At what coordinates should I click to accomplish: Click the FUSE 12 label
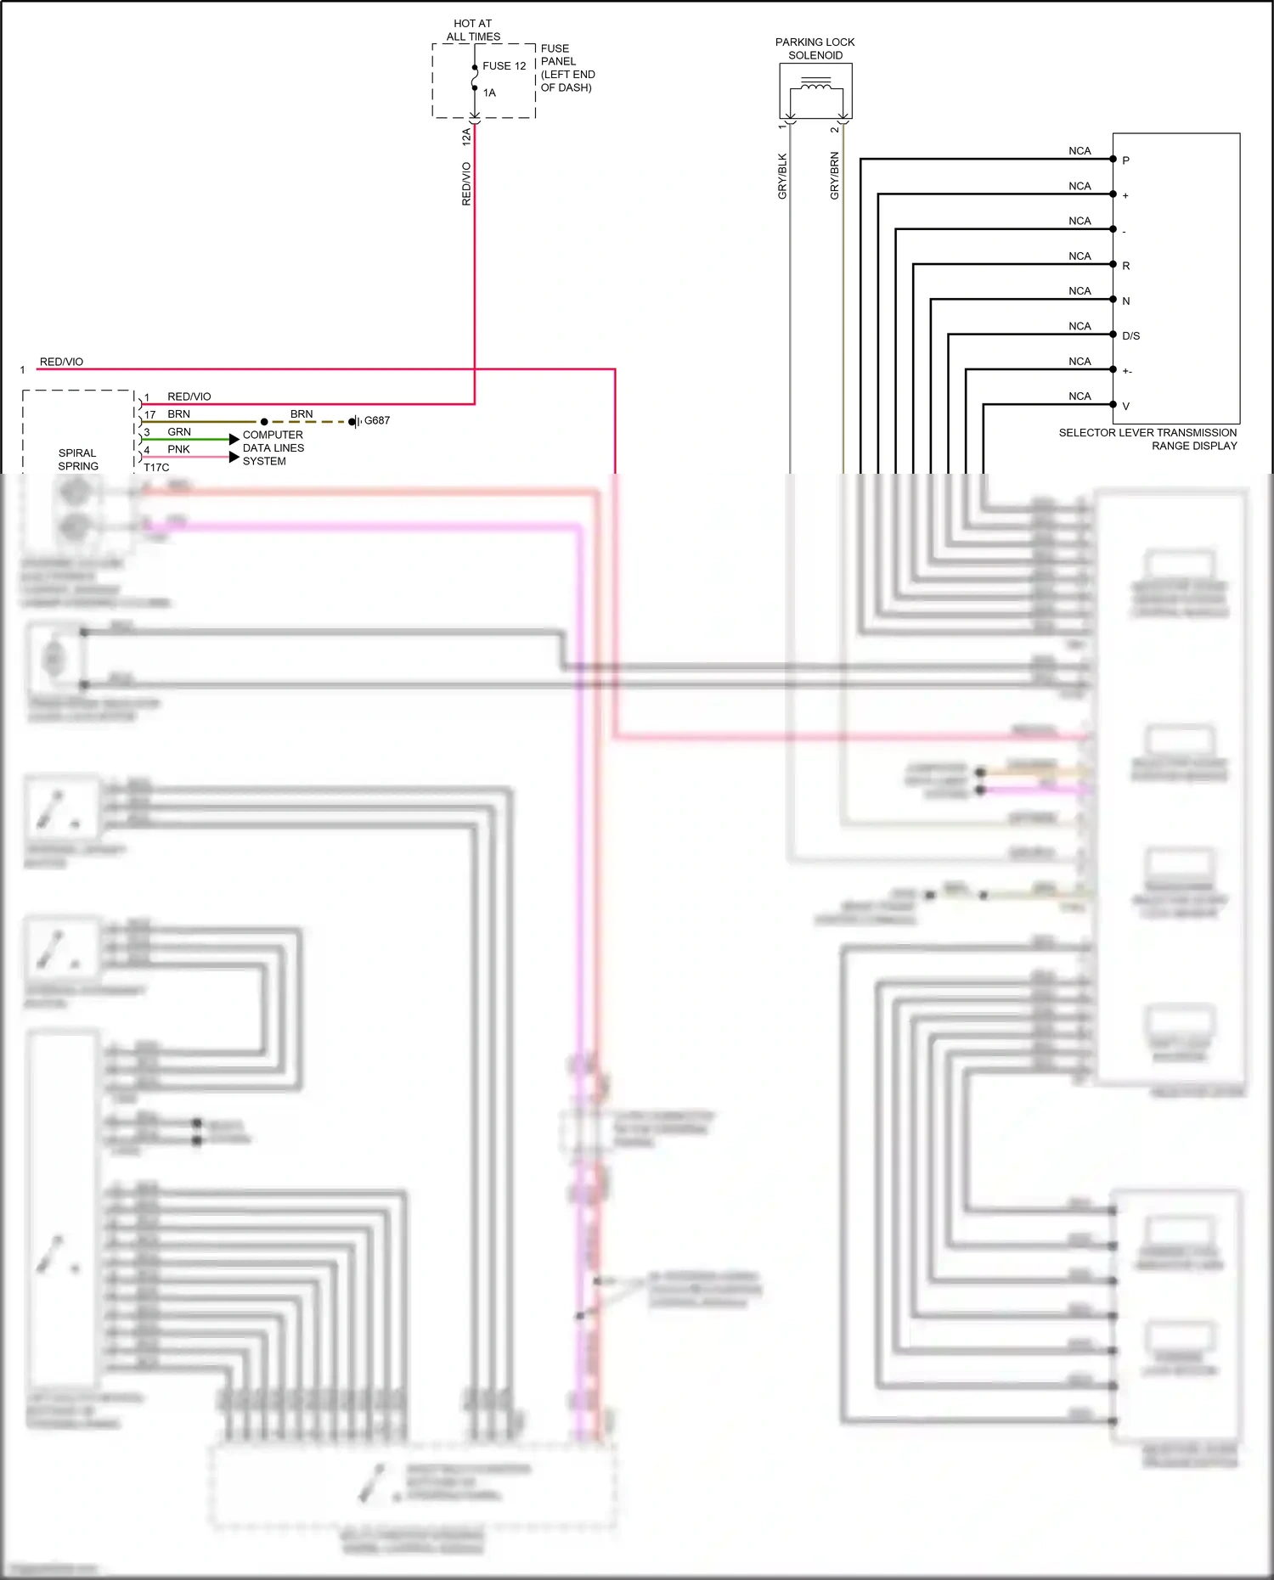[x=504, y=66]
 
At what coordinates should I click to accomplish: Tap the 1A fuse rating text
[x=489, y=93]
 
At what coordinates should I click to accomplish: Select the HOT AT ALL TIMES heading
[x=473, y=31]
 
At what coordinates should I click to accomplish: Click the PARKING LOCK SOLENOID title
[x=815, y=48]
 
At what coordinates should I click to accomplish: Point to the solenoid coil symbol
[x=816, y=85]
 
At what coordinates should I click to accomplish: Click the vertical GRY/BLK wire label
[x=782, y=177]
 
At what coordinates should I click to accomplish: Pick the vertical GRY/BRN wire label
[x=834, y=176]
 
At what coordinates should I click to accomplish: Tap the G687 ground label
[x=377, y=420]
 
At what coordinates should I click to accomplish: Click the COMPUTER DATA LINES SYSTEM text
[x=273, y=447]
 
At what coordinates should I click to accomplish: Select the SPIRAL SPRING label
[x=78, y=459]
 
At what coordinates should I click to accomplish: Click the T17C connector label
[x=156, y=467]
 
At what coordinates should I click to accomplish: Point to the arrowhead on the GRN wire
[x=234, y=439]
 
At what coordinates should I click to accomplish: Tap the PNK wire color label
[x=178, y=449]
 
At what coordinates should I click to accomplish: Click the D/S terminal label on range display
[x=1130, y=335]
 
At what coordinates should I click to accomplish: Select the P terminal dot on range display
[x=1113, y=159]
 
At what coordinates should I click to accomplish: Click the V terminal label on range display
[x=1125, y=406]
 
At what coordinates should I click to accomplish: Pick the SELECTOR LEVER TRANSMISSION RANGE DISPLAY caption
[x=1147, y=439]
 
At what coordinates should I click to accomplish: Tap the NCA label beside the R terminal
[x=1080, y=256]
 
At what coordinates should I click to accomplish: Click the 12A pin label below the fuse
[x=466, y=135]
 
